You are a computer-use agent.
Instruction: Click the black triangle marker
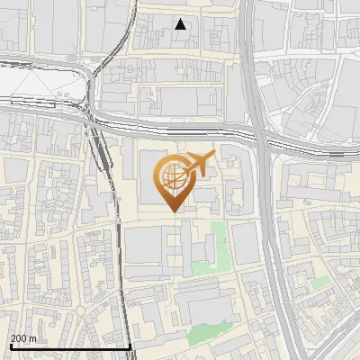pos(181,24)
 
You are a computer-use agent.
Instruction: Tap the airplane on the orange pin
pos(199,165)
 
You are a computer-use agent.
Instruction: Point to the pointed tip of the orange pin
pos(171,211)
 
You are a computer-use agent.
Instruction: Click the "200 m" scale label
pos(23,338)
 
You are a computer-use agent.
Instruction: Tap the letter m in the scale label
pos(33,338)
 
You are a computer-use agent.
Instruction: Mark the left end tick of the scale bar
pos(10,345)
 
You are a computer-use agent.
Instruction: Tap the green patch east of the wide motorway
pos(319,283)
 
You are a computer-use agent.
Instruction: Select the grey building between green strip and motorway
pos(245,243)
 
